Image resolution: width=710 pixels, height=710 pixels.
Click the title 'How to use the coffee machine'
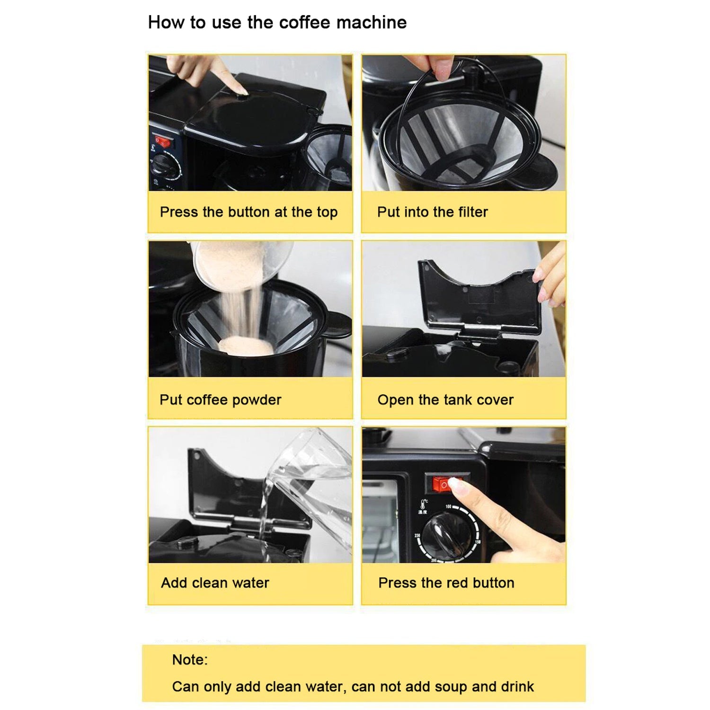pos(277,22)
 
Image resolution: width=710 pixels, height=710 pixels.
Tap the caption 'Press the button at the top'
pos(248,212)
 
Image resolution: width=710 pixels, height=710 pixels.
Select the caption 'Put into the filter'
pos(432,212)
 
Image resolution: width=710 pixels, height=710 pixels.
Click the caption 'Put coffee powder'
pos(220,400)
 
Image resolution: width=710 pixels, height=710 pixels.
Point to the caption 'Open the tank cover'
pos(445,400)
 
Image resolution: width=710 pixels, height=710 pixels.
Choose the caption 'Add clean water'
pos(215,583)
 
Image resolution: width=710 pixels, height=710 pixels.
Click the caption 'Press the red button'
pos(446,583)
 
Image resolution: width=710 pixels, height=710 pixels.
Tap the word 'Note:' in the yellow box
pos(190,660)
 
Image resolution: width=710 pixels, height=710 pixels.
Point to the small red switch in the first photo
pos(162,142)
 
